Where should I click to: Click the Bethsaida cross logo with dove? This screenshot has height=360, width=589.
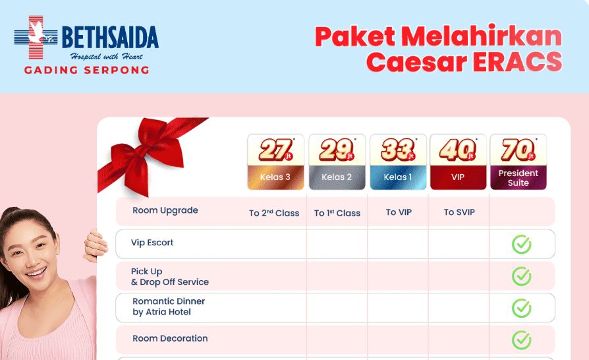(x=36, y=37)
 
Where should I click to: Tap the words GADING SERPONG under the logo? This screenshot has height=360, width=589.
(x=87, y=70)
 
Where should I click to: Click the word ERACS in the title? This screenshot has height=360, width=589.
(x=518, y=61)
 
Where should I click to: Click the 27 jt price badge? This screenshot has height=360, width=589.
(x=276, y=150)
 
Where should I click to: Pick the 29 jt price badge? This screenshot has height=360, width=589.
(x=337, y=150)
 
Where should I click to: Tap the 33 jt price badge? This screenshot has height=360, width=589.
(x=398, y=150)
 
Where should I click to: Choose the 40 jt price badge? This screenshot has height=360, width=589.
(x=458, y=150)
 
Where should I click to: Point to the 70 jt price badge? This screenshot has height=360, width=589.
(x=519, y=150)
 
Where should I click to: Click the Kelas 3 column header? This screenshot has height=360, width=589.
(x=275, y=177)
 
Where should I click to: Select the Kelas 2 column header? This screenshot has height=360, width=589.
(x=337, y=177)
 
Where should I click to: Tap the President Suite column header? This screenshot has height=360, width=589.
(x=519, y=178)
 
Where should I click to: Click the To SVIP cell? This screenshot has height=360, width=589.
(x=459, y=212)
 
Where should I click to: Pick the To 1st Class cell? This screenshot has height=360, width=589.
(x=337, y=213)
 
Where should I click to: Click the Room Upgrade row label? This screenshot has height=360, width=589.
(x=165, y=210)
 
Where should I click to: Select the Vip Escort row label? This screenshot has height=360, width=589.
(x=152, y=243)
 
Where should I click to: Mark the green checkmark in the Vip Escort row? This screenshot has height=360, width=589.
(x=521, y=244)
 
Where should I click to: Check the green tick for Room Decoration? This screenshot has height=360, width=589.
(x=521, y=340)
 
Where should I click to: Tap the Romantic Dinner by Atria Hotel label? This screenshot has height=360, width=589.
(x=169, y=307)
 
